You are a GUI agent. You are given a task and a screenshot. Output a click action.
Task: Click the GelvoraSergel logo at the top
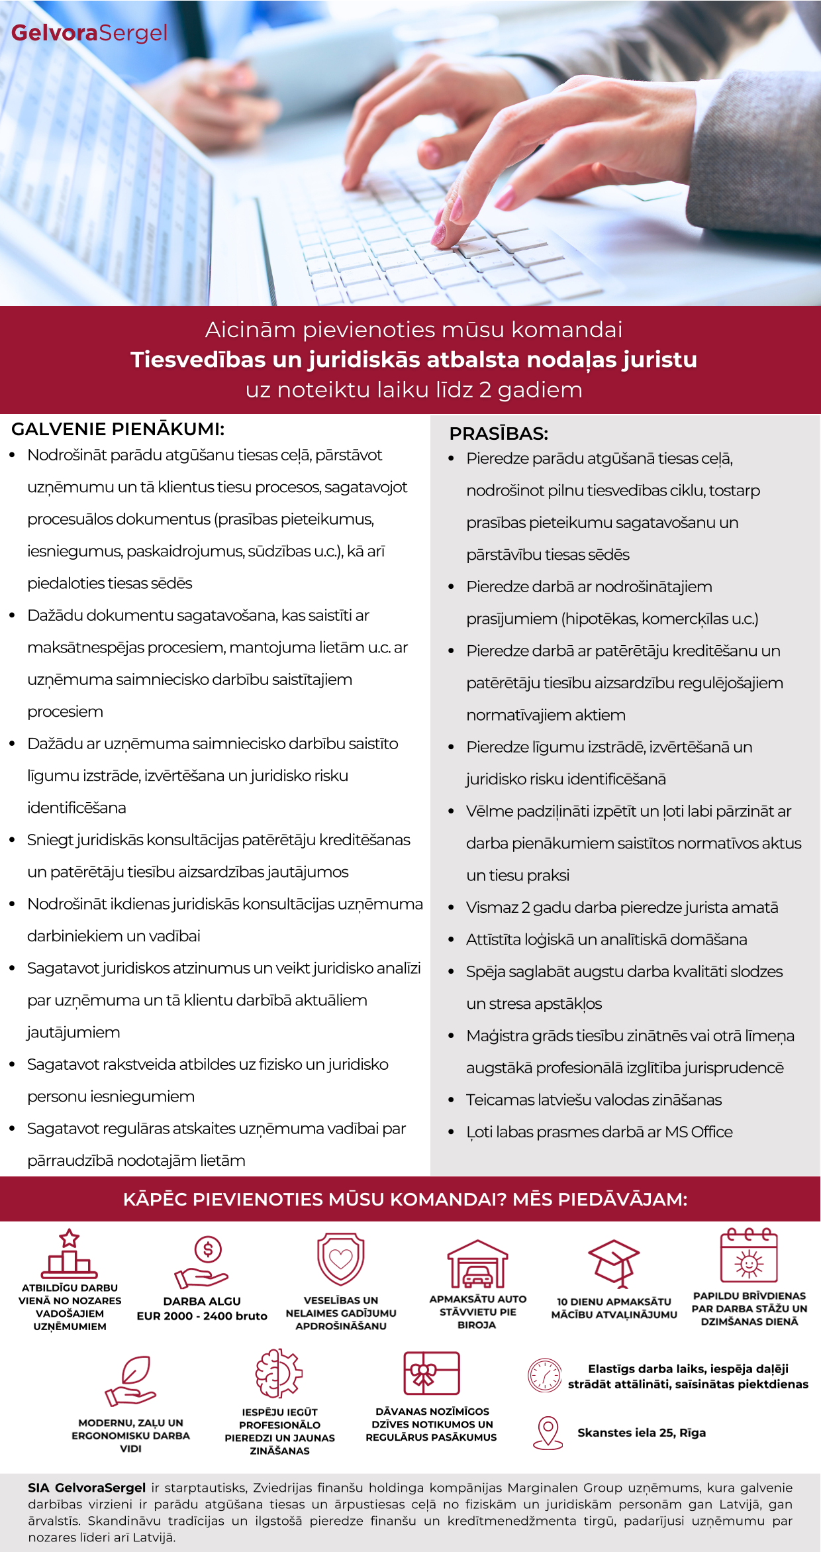coord(89,33)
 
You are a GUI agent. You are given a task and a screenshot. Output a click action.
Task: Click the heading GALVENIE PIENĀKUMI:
coord(118,429)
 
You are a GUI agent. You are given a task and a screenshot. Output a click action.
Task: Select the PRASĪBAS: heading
coord(499,434)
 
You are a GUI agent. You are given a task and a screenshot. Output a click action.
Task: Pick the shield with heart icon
coord(340,1259)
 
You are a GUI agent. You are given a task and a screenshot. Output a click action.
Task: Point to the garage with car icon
coord(477,1264)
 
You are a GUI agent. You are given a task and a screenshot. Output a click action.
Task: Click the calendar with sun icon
coord(749,1256)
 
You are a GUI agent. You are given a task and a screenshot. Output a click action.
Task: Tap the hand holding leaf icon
coord(131,1381)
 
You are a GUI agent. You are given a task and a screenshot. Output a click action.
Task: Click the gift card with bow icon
coord(432,1374)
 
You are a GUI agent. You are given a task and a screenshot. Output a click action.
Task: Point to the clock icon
coord(544,1375)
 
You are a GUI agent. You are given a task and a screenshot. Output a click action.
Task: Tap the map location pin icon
coord(548,1432)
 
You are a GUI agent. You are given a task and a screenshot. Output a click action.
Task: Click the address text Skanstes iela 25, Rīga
coord(642,1433)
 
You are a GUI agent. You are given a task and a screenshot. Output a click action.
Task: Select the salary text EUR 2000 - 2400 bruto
coord(202,1316)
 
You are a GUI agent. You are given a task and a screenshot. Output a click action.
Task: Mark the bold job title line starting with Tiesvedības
coord(414,360)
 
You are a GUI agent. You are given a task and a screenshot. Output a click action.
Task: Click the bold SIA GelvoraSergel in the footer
coord(87,1488)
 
